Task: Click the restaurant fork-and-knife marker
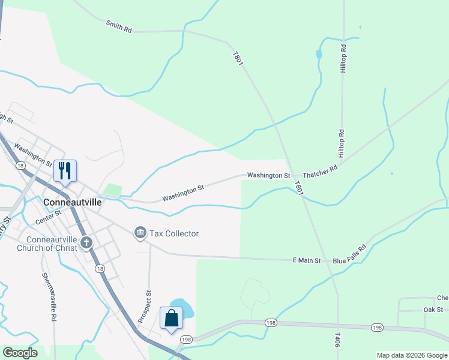(65, 170)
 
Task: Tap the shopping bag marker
(172, 319)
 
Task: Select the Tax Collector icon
(140, 233)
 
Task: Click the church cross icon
(86, 243)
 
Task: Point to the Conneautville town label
(73, 202)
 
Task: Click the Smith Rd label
(118, 26)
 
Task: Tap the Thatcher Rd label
(321, 172)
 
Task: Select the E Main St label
(307, 260)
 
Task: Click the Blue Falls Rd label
(349, 254)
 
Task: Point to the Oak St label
(433, 310)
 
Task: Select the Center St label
(49, 217)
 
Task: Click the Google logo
(20, 353)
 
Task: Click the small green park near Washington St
(112, 190)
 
